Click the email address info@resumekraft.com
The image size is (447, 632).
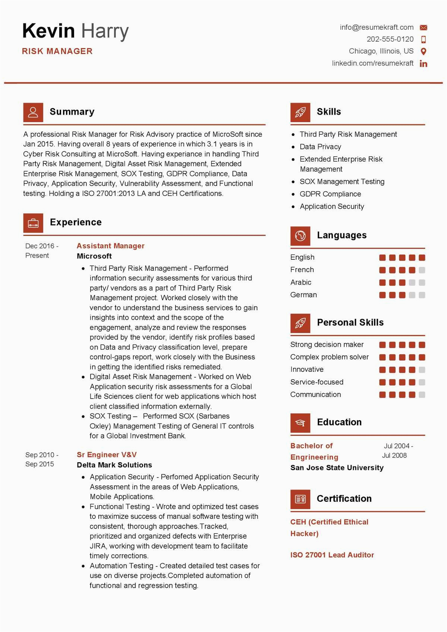[x=376, y=27]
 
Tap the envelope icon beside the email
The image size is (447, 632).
[x=424, y=28]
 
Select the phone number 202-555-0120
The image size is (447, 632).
[x=390, y=39]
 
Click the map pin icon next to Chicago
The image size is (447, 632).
[x=424, y=51]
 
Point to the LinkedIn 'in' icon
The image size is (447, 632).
[x=424, y=64]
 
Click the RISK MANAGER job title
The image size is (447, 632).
[x=57, y=51]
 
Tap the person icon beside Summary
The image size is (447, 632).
[x=33, y=112]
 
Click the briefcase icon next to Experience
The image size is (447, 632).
[x=33, y=223]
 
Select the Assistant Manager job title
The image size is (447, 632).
[x=110, y=246]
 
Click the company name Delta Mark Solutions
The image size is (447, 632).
[x=114, y=465]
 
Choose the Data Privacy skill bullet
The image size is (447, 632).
[x=320, y=147]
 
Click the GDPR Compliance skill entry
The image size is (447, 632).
[x=330, y=194]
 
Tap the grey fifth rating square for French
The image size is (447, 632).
[x=422, y=270]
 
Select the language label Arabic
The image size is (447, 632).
[x=301, y=282]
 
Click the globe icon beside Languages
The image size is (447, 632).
[x=300, y=236]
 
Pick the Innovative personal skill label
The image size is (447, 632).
[x=307, y=369]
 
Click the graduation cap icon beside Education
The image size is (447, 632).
[x=300, y=422]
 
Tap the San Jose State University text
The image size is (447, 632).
[x=337, y=467]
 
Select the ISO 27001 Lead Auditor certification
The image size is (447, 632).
[x=332, y=555]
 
